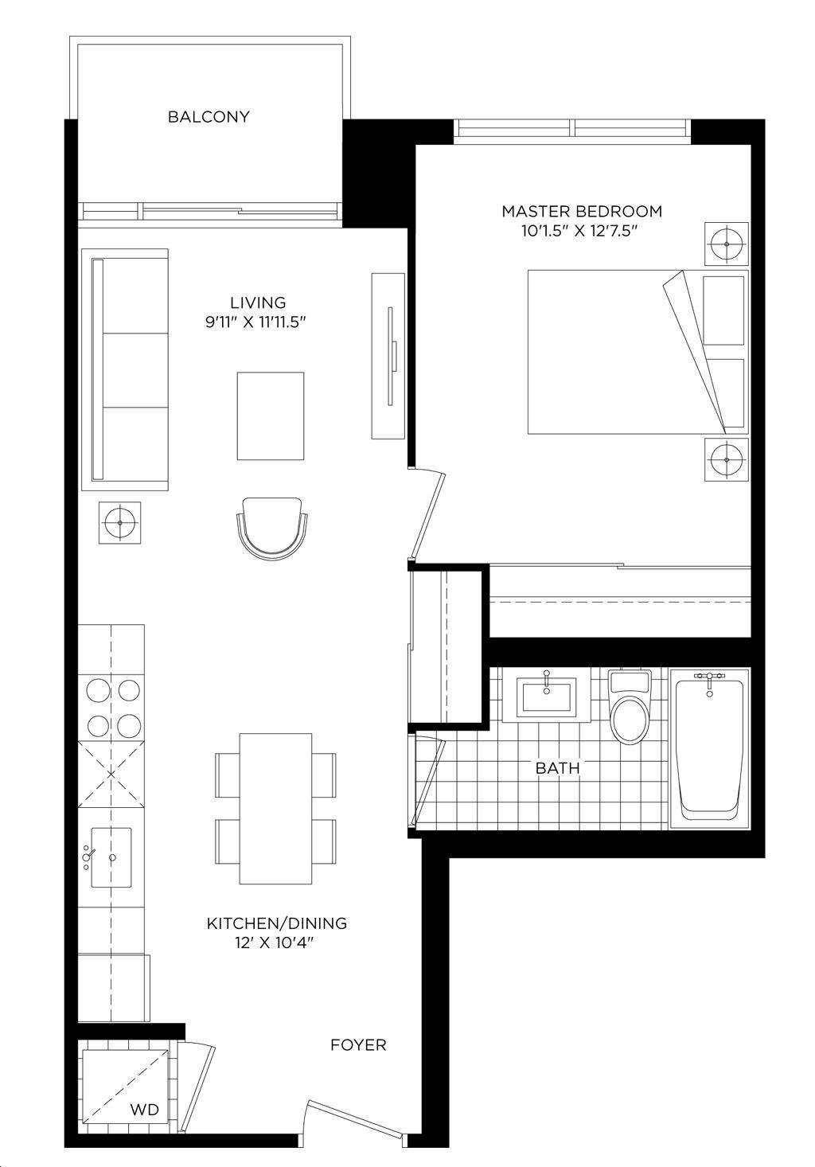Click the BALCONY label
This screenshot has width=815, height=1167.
pyautogui.click(x=209, y=117)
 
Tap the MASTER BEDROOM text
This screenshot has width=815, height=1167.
pyautogui.click(x=582, y=212)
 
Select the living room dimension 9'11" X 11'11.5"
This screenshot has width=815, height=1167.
pyautogui.click(x=255, y=322)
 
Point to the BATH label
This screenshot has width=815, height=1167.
pyautogui.click(x=557, y=767)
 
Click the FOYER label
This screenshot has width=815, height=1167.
pyautogui.click(x=358, y=1044)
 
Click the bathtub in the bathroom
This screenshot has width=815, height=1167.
pyautogui.click(x=709, y=748)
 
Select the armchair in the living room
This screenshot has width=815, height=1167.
pyautogui.click(x=272, y=529)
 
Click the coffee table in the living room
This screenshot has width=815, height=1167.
pyautogui.click(x=271, y=416)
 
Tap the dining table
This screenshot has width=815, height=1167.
pyautogui.click(x=275, y=809)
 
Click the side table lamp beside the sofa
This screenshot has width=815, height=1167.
pyautogui.click(x=120, y=522)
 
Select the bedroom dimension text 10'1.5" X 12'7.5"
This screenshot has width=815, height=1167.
pyautogui.click(x=579, y=232)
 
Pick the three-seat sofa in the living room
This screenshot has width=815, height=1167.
pyautogui.click(x=125, y=369)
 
